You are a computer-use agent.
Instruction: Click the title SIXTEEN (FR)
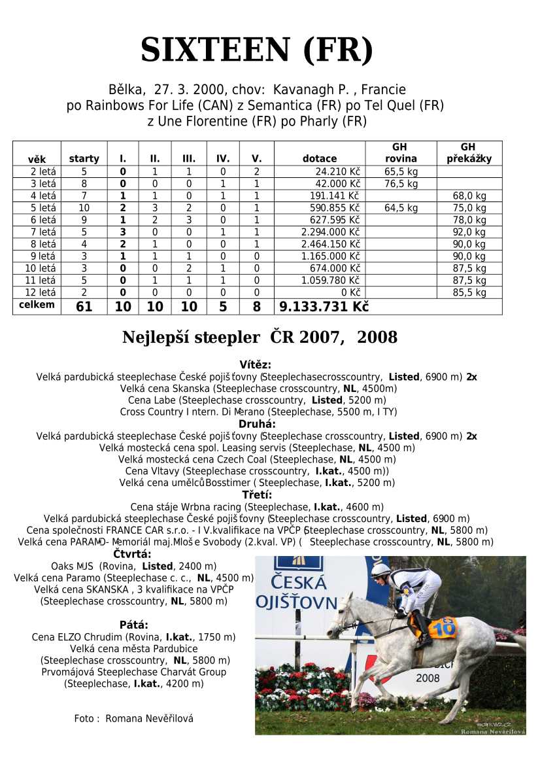coord(257,50)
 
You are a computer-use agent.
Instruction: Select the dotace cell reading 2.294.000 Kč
coord(329,232)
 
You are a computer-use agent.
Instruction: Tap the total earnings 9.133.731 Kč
coord(324,307)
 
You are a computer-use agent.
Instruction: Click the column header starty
coord(84,158)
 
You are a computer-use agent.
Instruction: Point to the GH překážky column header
coord(469,153)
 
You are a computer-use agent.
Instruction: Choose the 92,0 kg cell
coord(469,232)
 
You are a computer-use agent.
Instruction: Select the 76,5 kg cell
coord(401,184)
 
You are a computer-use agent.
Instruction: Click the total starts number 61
coord(84,307)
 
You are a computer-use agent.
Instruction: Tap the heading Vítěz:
coord(256,365)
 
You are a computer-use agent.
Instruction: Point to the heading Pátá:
coord(133,625)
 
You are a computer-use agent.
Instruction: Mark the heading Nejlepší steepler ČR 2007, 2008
coord(260,338)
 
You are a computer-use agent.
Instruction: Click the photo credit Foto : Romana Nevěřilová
coord(134,718)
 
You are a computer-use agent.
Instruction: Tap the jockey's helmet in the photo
coord(380,571)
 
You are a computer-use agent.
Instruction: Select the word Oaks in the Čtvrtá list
coord(62,566)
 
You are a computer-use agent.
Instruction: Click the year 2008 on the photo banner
coord(428,678)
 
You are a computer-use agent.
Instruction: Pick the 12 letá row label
coord(41,292)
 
